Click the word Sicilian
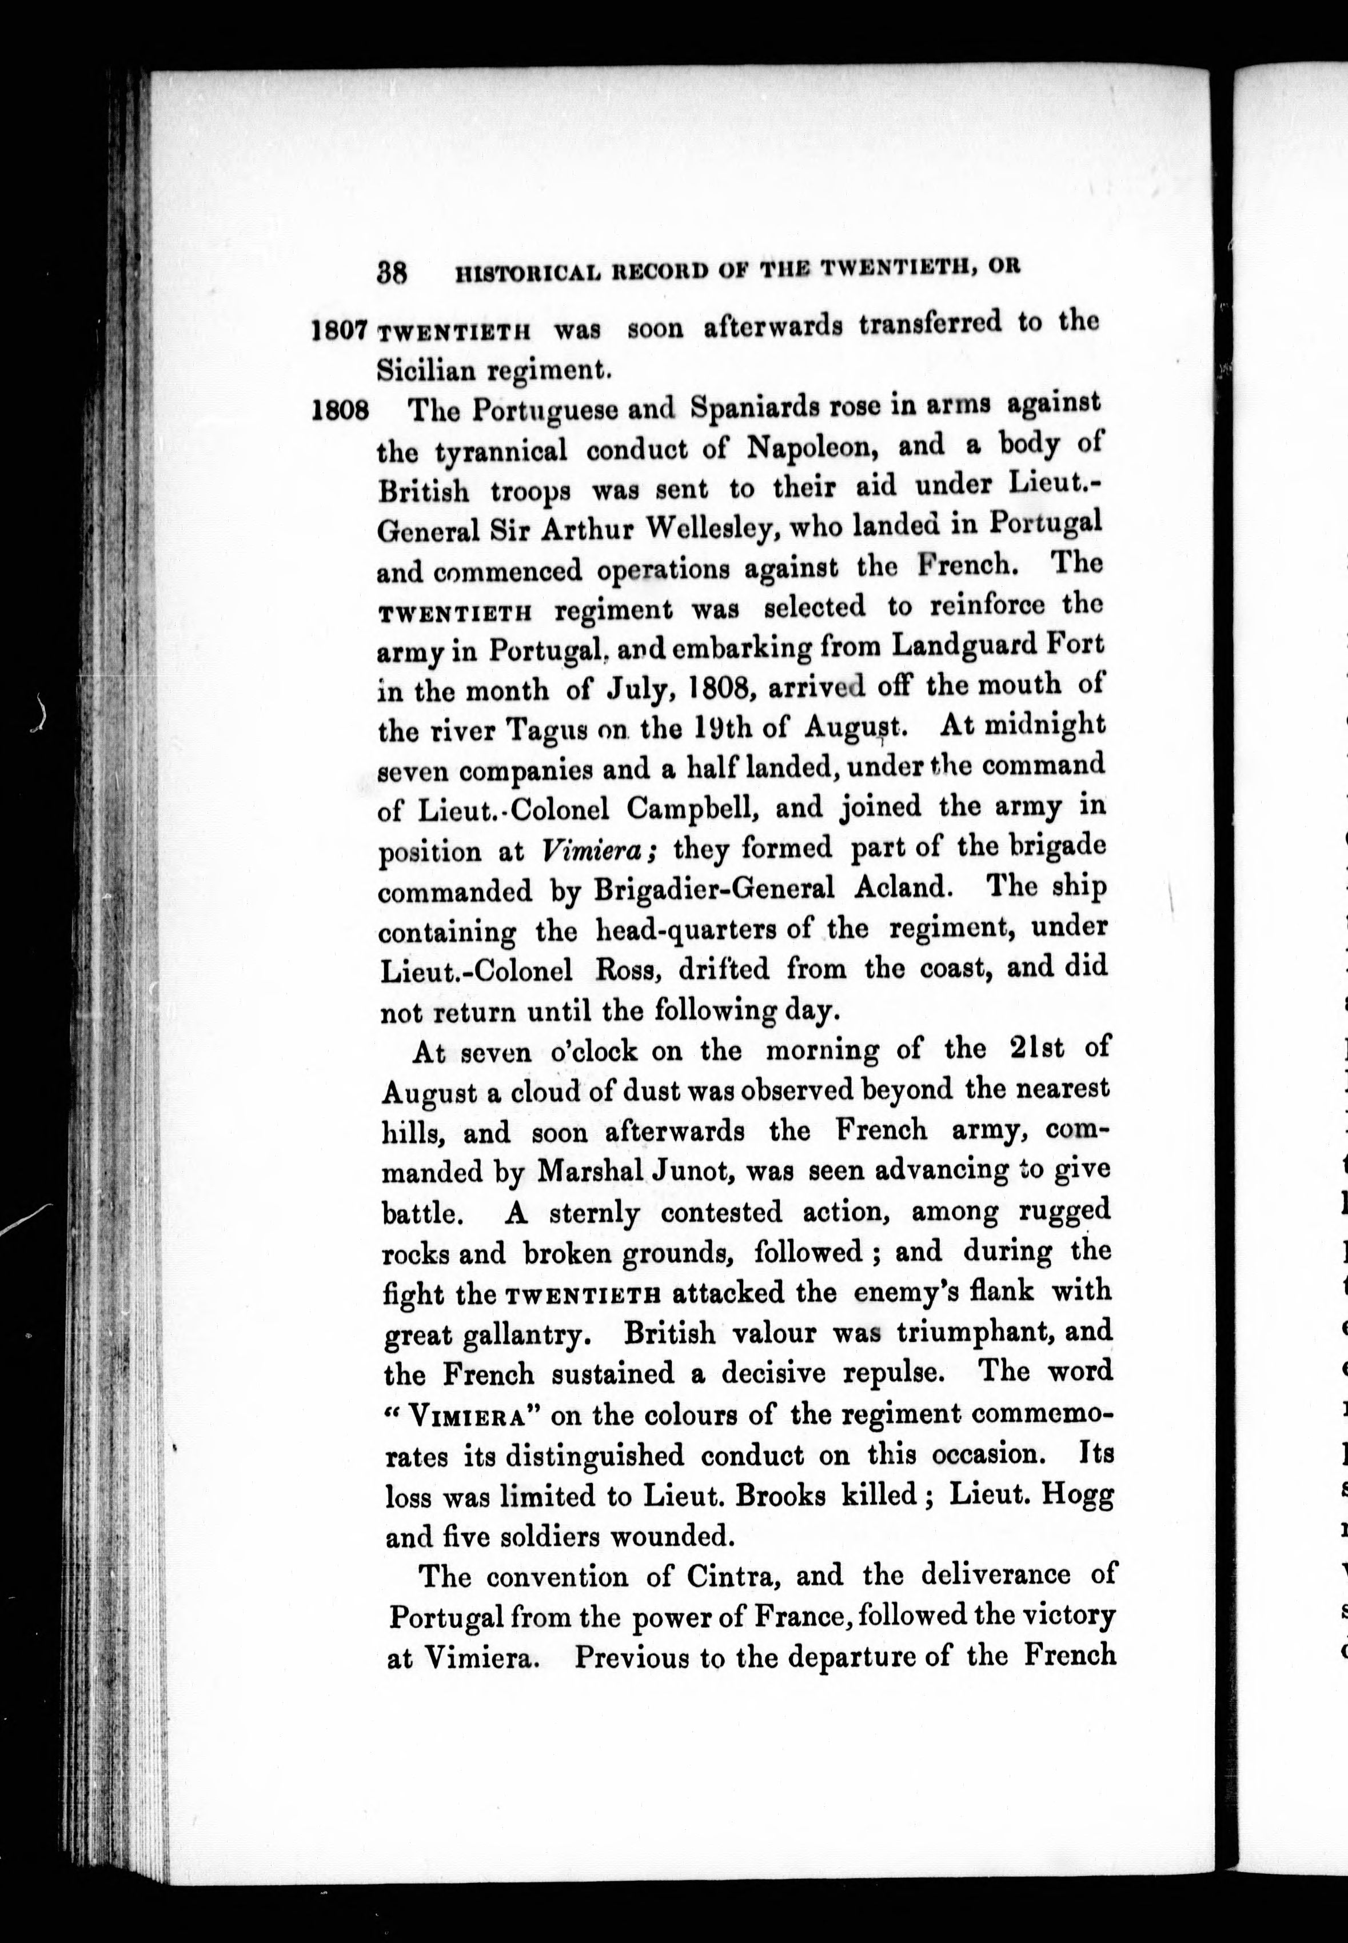point(417,369)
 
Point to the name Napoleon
point(814,447)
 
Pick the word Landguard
point(952,645)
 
